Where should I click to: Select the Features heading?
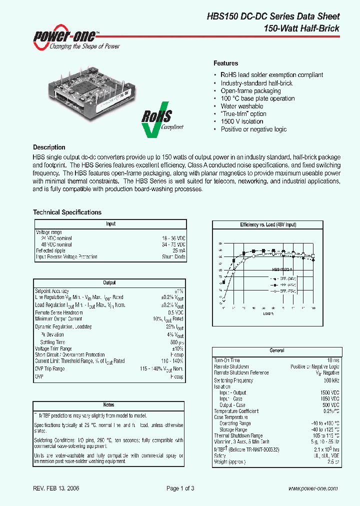pos(225,63)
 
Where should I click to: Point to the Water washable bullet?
pos(241,106)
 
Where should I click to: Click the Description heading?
pos(49,147)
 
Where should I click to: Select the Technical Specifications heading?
pos(67,212)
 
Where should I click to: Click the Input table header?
pos(110,224)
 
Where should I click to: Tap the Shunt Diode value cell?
pos(173,257)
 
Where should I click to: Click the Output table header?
pos(109,283)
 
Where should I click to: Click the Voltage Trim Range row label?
pos(53,348)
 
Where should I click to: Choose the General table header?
pos(276,351)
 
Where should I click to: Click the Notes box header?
pos(108,404)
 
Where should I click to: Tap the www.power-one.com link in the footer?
pos(313,488)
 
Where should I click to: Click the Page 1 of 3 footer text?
pos(180,488)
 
